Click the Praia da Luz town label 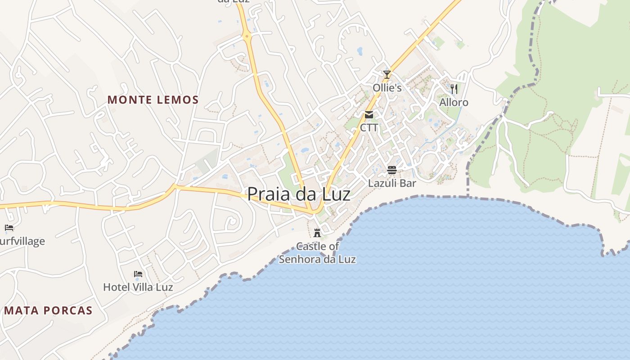(x=299, y=194)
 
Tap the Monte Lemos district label (x=153, y=100)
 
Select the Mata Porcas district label (x=48, y=310)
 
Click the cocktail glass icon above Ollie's (x=387, y=75)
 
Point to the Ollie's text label (x=387, y=88)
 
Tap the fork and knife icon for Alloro (x=454, y=89)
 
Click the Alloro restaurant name (x=454, y=103)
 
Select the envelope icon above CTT (x=369, y=115)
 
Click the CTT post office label (x=369, y=128)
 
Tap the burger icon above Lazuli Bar (x=392, y=170)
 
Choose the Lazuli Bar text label (x=392, y=183)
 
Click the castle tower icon (x=317, y=233)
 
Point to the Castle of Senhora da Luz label (x=317, y=253)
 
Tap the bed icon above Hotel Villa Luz (x=138, y=274)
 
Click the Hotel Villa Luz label (x=138, y=287)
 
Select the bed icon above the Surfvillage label (x=9, y=228)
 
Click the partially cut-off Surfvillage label (x=22, y=241)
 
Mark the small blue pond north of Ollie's (x=360, y=51)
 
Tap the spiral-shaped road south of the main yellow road (x=231, y=221)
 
